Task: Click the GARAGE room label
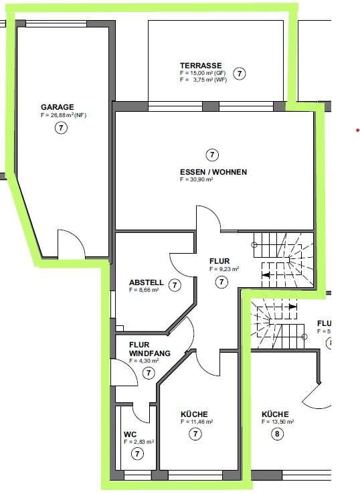(57, 106)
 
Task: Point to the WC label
(130, 434)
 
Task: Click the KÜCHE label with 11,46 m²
(194, 414)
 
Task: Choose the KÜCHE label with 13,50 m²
(275, 414)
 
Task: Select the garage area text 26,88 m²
(64, 115)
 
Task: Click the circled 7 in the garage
(62, 128)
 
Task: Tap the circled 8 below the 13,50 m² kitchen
(278, 433)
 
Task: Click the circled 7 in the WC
(138, 454)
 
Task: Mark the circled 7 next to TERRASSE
(240, 73)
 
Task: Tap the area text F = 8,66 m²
(144, 291)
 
